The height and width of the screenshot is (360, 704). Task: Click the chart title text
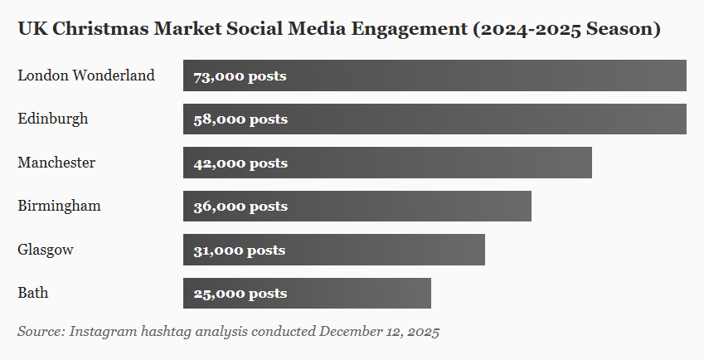[338, 30]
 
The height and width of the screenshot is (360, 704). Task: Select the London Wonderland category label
[86, 75]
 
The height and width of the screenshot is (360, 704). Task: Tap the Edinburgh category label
[53, 119]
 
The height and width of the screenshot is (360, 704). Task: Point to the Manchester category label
[56, 163]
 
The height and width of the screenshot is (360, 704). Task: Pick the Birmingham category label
[59, 206]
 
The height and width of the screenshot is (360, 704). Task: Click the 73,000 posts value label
[240, 76]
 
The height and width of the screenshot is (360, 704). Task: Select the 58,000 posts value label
[240, 119]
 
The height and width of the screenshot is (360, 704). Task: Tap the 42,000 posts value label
[240, 163]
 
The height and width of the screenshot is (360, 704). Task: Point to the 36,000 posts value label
[240, 207]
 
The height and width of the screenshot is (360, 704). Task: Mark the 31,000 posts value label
[239, 251]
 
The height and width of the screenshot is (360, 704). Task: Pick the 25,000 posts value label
[240, 294]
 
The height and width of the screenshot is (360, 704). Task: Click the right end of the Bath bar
[429, 293]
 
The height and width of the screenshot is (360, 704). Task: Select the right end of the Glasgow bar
[483, 250]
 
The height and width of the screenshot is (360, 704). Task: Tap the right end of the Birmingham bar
[529, 206]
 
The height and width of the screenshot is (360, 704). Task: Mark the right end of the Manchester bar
[590, 163]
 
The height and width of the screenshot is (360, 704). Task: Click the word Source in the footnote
[40, 332]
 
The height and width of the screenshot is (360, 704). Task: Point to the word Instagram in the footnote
[103, 332]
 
